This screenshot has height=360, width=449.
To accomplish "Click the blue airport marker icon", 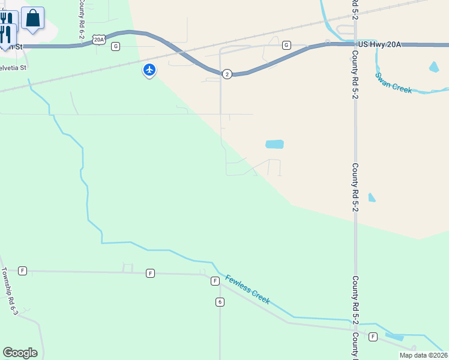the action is (149, 70).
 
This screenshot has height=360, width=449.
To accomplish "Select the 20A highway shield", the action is (99, 40).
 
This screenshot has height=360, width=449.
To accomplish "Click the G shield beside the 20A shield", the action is (115, 46).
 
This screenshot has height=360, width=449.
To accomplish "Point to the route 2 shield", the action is (226, 74).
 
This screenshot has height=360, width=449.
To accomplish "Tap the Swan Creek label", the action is (393, 83).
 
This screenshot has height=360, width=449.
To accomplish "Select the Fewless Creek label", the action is (247, 289).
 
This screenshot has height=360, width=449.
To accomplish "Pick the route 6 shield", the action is (220, 302).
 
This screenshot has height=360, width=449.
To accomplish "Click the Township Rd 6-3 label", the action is (10, 292).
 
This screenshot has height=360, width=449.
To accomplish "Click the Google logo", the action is (20, 352).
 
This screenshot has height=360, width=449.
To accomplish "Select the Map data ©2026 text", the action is (423, 355).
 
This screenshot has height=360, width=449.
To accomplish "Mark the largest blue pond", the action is (274, 144).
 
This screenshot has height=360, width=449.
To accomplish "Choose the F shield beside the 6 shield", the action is (214, 281).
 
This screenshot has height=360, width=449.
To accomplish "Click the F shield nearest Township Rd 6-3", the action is (23, 271).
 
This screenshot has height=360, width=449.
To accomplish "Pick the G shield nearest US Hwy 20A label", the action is (286, 45).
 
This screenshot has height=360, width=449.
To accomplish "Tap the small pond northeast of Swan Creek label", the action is (434, 67).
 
